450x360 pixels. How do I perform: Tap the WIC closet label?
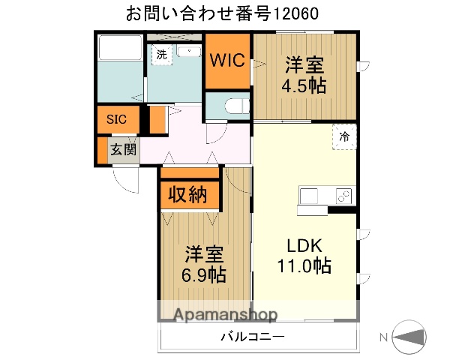(226, 61)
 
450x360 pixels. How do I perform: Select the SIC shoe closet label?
(116, 119)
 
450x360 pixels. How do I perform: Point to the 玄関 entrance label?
(123, 149)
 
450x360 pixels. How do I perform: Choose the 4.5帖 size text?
(303, 85)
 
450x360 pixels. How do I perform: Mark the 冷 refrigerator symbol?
(344, 137)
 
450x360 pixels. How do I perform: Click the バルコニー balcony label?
(252, 337)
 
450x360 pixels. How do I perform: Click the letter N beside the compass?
(383, 337)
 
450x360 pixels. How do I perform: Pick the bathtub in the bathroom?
(119, 49)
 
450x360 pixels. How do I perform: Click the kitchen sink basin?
(310, 196)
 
